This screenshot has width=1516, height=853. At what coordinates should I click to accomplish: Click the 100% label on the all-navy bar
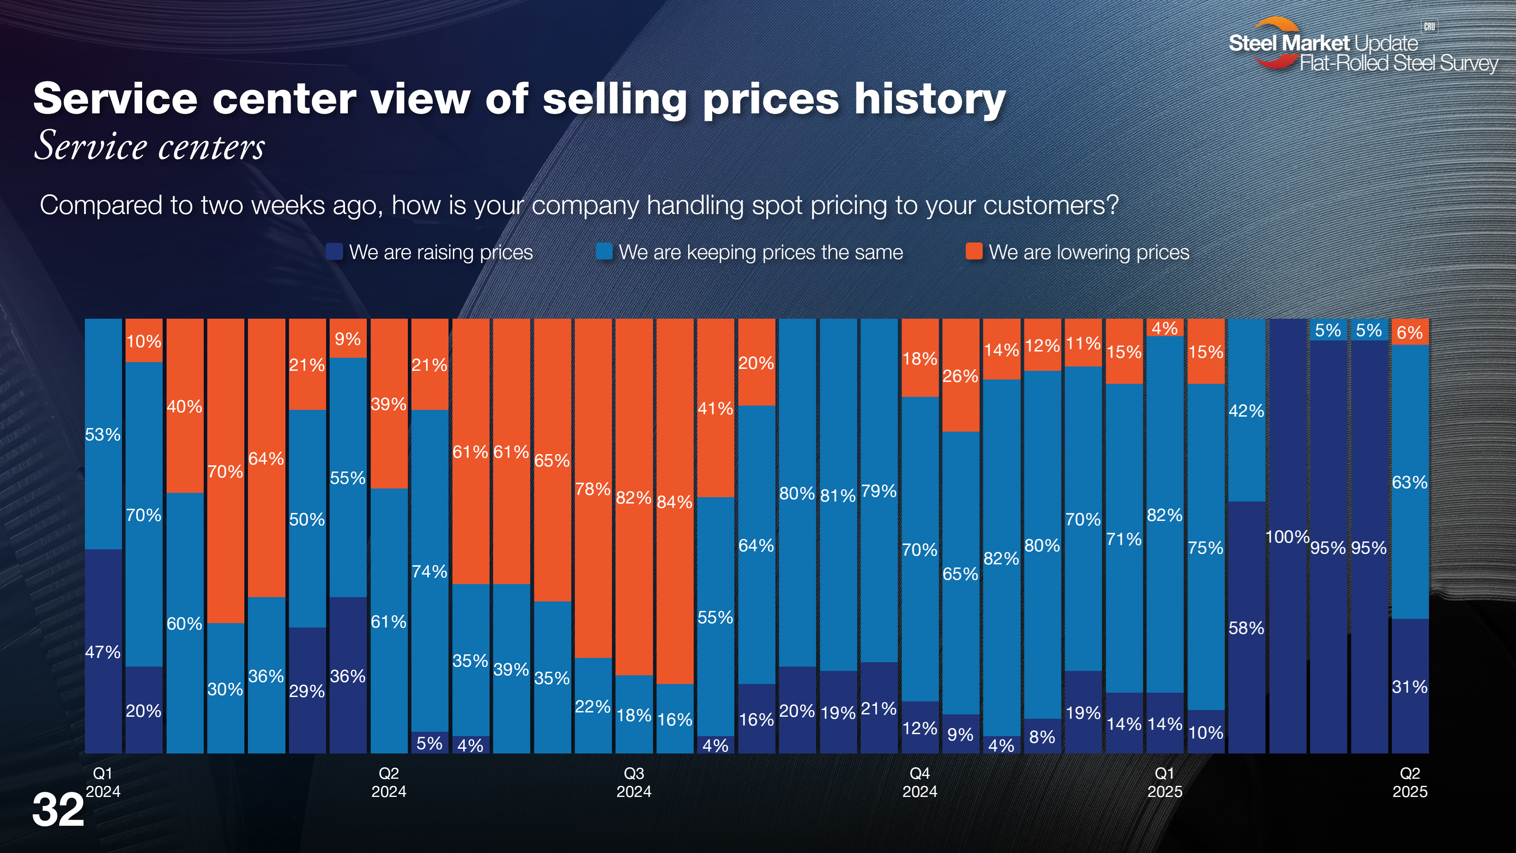pos(1287,537)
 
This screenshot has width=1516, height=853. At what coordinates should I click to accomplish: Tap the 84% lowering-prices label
pos(674,502)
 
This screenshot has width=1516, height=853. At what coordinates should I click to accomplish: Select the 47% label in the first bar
pos(103,652)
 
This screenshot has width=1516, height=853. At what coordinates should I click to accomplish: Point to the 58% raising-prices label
pos(1246,628)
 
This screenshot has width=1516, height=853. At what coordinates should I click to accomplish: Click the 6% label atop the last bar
pos(1409,333)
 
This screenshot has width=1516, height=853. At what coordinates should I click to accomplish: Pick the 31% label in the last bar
pos(1409,687)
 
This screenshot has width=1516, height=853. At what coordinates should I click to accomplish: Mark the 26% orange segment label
pos(960,376)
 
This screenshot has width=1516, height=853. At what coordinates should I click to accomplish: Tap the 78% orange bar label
pos(593,489)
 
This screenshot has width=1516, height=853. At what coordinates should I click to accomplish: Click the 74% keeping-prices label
pos(429,571)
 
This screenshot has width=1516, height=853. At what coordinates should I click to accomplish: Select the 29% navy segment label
pos(307,691)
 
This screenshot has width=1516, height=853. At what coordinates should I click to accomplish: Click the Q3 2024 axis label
pos(634,782)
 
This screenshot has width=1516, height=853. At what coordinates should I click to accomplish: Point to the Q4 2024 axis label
pos(920,782)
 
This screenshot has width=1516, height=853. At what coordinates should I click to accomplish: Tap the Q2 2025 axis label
pos(1409,782)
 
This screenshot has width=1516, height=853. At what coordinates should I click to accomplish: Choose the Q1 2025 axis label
pos(1165,782)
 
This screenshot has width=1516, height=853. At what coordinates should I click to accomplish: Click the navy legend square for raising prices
pos(334,252)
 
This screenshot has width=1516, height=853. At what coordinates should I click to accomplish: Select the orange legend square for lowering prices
pos(974,252)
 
